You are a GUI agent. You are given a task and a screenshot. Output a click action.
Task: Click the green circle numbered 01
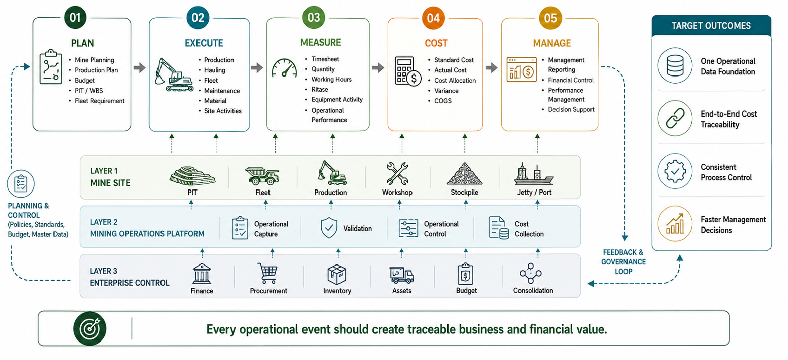(75, 18)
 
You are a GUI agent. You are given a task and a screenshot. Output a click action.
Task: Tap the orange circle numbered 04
(433, 18)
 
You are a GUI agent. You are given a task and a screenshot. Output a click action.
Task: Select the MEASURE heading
(320, 43)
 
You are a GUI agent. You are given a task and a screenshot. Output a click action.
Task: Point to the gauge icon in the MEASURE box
(284, 68)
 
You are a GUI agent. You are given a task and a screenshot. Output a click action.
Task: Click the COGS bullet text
(443, 101)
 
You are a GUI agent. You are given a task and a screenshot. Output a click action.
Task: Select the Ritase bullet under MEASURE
(320, 90)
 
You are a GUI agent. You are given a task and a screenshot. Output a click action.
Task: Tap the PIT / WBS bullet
(89, 91)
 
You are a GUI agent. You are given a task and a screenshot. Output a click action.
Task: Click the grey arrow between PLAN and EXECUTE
(139, 67)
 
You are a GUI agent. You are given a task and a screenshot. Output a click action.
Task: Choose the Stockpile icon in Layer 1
(464, 174)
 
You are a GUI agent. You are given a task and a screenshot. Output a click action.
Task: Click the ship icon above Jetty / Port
(534, 174)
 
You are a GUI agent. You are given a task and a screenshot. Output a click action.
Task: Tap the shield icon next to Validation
(329, 228)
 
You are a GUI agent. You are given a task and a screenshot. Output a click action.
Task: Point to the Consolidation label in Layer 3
(533, 291)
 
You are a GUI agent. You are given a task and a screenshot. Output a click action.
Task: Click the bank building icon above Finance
(202, 273)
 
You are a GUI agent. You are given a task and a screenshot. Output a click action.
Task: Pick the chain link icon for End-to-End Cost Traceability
(675, 118)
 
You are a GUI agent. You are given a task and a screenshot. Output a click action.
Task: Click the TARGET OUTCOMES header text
(711, 26)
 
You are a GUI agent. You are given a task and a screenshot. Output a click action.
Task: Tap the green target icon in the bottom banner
(90, 329)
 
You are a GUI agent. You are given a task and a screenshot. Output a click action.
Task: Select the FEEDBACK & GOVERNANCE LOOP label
(623, 262)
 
